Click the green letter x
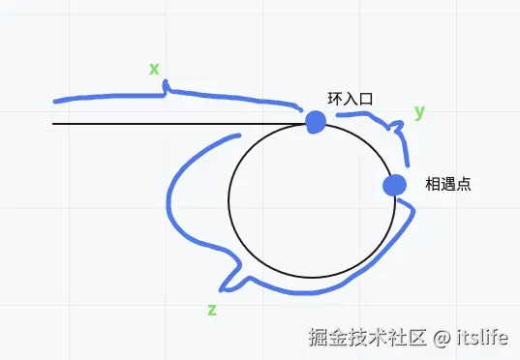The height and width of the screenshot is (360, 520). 154,69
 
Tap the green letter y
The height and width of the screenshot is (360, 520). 419,111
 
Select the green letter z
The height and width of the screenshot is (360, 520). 212,310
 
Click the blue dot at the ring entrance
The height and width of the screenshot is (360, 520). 316,122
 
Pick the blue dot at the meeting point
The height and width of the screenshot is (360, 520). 394,185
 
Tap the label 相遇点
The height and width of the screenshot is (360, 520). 448,184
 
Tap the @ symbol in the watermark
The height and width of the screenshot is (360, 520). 442,338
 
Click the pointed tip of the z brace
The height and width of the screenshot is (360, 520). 223,287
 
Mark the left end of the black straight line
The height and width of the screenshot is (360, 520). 54,124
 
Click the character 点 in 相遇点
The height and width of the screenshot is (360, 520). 464,184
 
